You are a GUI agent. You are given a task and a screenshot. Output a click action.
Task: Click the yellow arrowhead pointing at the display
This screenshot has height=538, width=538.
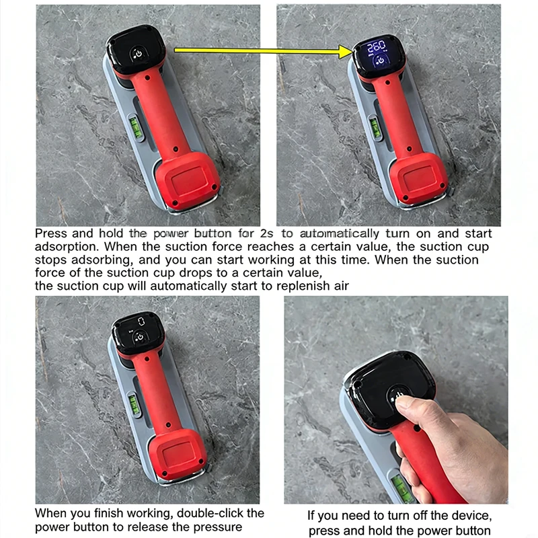[x=345, y=52]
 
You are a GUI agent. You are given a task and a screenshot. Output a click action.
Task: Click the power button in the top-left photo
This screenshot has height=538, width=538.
[x=138, y=54]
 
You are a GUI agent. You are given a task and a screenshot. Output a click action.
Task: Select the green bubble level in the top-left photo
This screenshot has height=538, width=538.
[x=136, y=128]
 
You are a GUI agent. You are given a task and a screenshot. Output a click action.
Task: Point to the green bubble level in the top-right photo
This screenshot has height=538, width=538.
[x=376, y=128]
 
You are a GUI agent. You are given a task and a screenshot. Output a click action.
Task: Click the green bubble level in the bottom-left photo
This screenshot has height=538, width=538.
[x=134, y=405]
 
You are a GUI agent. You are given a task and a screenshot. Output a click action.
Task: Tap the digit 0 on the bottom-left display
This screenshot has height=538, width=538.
[x=141, y=321]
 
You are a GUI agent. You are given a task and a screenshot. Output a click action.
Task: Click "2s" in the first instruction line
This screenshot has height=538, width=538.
[x=266, y=233]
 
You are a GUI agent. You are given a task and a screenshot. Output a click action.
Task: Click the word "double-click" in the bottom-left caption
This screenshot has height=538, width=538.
[x=212, y=513]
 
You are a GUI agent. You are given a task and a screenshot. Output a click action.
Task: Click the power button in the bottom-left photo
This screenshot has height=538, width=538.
[x=140, y=337]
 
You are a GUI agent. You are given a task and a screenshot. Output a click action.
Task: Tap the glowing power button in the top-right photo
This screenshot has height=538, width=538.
[x=381, y=61]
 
